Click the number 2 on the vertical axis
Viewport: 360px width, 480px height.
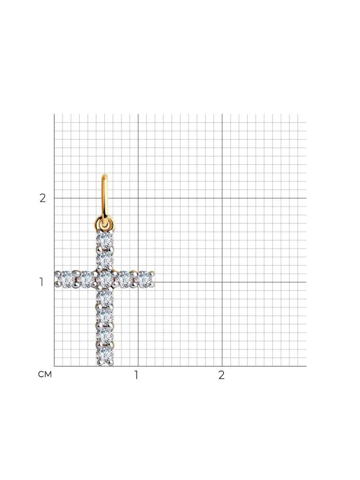pyautogui.click(x=43, y=198)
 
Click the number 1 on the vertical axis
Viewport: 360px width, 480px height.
pyautogui.click(x=42, y=282)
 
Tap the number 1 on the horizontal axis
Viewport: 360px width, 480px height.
pyautogui.click(x=136, y=375)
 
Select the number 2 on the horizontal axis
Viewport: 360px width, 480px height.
pyautogui.click(x=222, y=375)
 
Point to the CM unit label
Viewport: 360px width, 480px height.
pyautogui.click(x=45, y=374)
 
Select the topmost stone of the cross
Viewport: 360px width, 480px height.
pyautogui.click(x=105, y=240)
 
